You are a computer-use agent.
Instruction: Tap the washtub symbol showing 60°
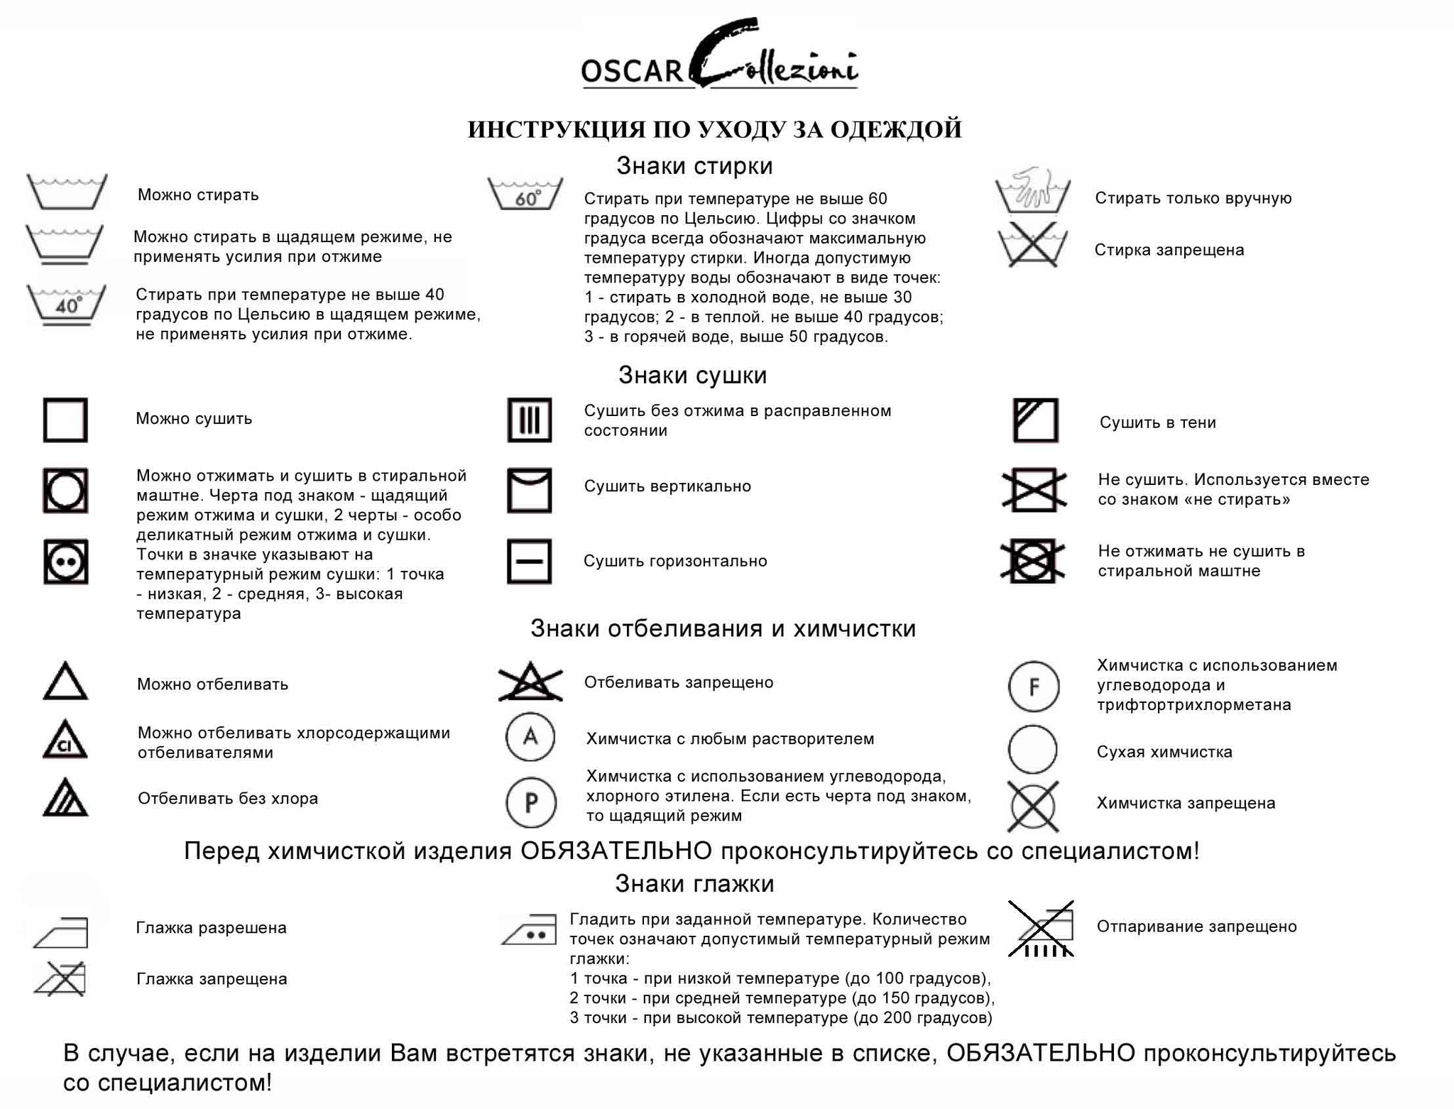(525, 193)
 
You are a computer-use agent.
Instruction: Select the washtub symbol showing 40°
(67, 304)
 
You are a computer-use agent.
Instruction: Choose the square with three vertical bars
(530, 420)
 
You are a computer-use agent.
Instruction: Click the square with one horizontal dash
(530, 562)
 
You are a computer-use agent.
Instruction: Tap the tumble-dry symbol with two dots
(66, 562)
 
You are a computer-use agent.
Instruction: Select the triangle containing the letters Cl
(65, 741)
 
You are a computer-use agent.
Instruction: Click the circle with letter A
(530, 737)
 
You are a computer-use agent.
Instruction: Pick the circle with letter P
(531, 803)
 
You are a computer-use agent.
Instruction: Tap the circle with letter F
(1034, 687)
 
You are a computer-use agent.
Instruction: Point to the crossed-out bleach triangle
(530, 682)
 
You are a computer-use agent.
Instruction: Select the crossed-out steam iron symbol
(1042, 929)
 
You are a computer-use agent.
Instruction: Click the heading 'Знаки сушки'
(692, 375)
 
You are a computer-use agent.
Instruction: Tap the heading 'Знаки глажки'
(694, 884)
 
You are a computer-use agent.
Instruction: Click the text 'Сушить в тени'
(1157, 422)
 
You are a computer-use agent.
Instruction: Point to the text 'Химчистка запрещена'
(1186, 803)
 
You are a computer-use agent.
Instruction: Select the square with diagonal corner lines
(1036, 420)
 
